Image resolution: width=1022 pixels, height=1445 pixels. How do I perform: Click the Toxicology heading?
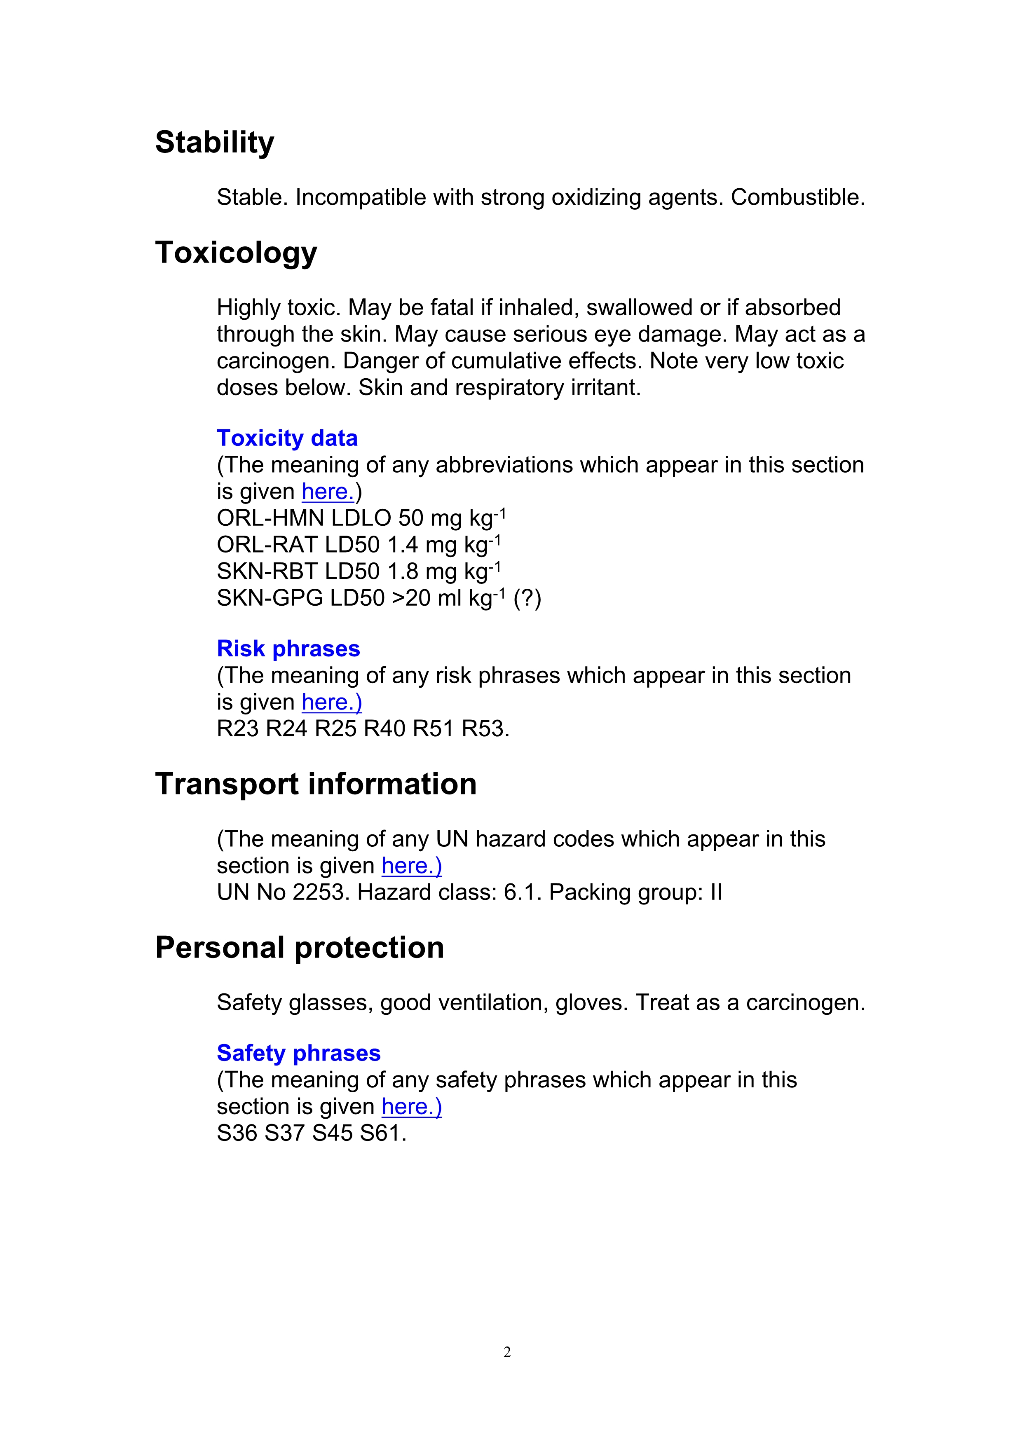click(x=236, y=253)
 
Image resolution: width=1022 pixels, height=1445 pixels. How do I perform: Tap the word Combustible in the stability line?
click(x=797, y=198)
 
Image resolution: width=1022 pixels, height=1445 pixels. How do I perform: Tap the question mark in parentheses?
click(x=527, y=598)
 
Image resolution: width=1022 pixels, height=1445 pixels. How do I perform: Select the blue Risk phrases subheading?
click(x=288, y=649)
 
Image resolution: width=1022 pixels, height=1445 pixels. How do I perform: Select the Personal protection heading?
click(x=300, y=948)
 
